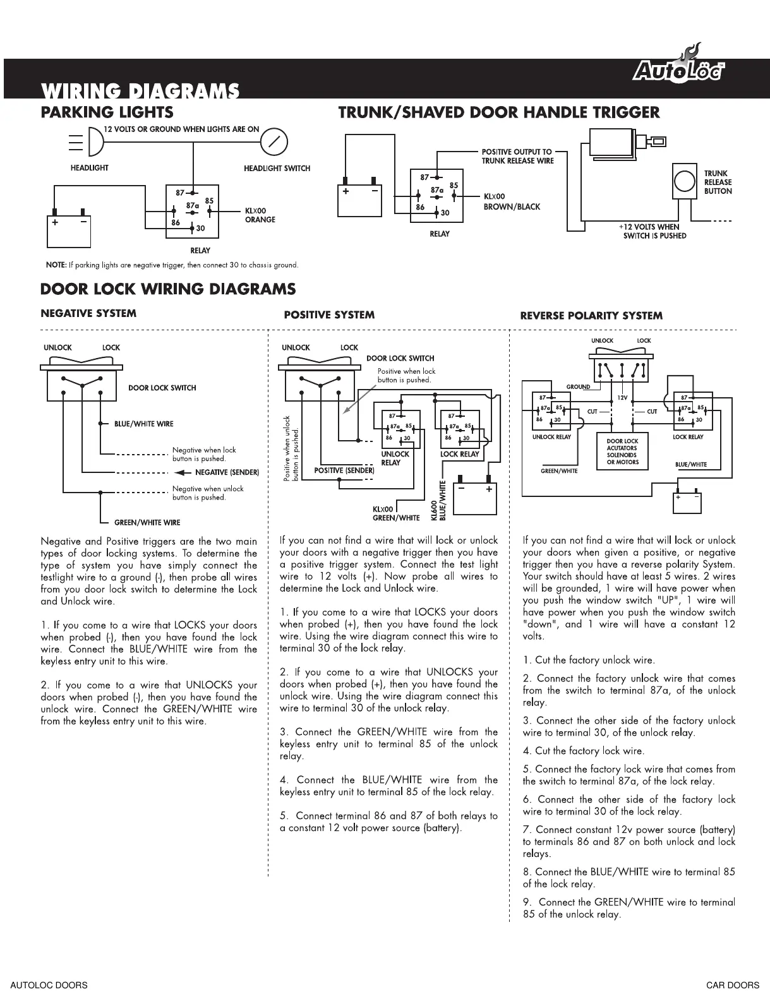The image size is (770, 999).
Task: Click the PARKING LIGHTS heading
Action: (x=107, y=112)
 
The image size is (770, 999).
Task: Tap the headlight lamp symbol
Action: (x=93, y=141)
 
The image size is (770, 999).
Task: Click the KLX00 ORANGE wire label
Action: (x=260, y=215)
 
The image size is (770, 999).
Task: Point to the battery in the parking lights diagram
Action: (x=69, y=230)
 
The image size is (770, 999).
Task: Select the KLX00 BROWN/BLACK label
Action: (x=511, y=201)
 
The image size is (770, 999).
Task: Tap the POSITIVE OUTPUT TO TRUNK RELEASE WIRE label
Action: (x=517, y=156)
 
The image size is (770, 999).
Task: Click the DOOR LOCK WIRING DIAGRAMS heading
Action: (x=167, y=289)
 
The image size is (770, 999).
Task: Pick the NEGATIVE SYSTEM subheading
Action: (x=88, y=313)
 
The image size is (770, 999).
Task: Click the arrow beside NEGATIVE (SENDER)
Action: (x=183, y=472)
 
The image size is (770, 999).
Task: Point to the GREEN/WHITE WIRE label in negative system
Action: (x=147, y=522)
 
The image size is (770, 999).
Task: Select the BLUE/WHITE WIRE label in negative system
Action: (x=143, y=424)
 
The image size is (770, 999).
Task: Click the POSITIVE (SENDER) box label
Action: (x=344, y=470)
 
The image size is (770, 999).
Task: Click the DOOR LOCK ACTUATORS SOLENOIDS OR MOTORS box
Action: (x=622, y=452)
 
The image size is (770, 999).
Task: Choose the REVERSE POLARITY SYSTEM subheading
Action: (x=591, y=316)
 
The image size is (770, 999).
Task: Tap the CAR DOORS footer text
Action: (x=733, y=985)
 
